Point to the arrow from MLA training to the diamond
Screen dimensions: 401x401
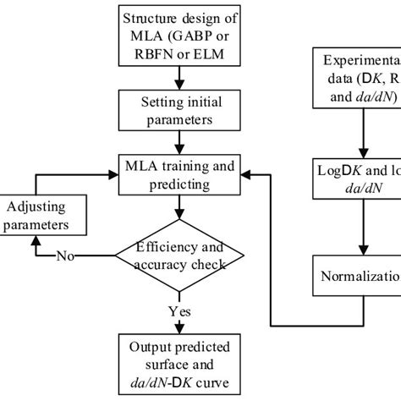[x=179, y=207]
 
